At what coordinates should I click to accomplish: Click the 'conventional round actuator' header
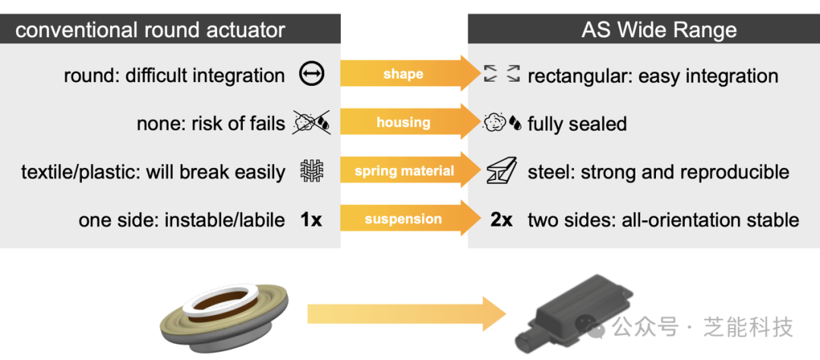tap(150, 30)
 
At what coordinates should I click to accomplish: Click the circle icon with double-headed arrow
tap(311, 75)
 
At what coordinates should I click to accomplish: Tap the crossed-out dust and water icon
tap(311, 122)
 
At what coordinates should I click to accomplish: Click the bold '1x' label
tap(311, 220)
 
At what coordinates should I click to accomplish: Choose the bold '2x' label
tap(501, 220)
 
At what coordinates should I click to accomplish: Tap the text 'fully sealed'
tap(577, 124)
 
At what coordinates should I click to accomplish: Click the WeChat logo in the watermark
tap(596, 327)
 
